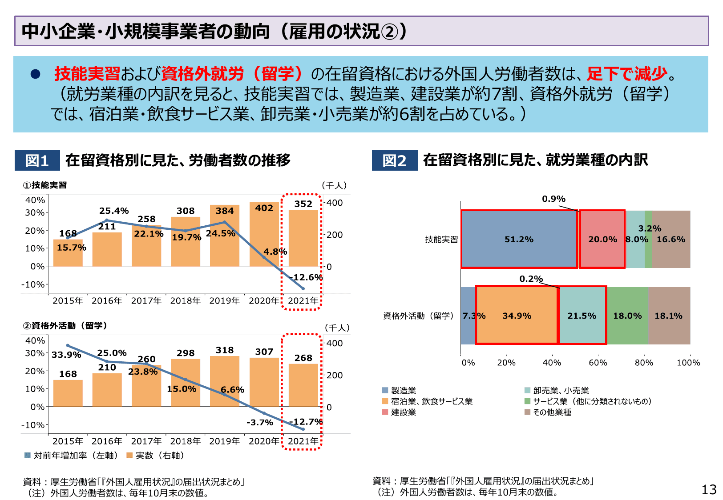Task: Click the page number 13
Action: tap(709, 490)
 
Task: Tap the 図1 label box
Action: tap(37, 160)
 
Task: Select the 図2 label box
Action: tap(395, 160)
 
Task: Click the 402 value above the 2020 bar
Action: tap(264, 208)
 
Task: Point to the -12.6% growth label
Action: tap(306, 277)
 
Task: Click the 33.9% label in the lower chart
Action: tap(66, 355)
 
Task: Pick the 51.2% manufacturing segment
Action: tap(519, 239)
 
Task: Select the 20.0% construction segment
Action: tap(602, 239)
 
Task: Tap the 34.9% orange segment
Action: tap(517, 316)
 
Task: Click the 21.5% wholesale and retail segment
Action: tap(582, 316)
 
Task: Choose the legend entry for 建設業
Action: tap(399, 412)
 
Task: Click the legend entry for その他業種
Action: tap(548, 412)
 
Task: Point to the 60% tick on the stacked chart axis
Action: tap(598, 363)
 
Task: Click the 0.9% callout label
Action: tap(553, 199)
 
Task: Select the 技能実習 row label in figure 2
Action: tap(441, 240)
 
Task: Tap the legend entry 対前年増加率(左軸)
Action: tap(72, 456)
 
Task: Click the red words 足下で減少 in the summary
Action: tap(627, 74)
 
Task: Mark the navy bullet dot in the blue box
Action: tap(35, 74)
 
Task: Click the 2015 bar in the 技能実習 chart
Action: tap(68, 253)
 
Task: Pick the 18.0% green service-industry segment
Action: tap(627, 316)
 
